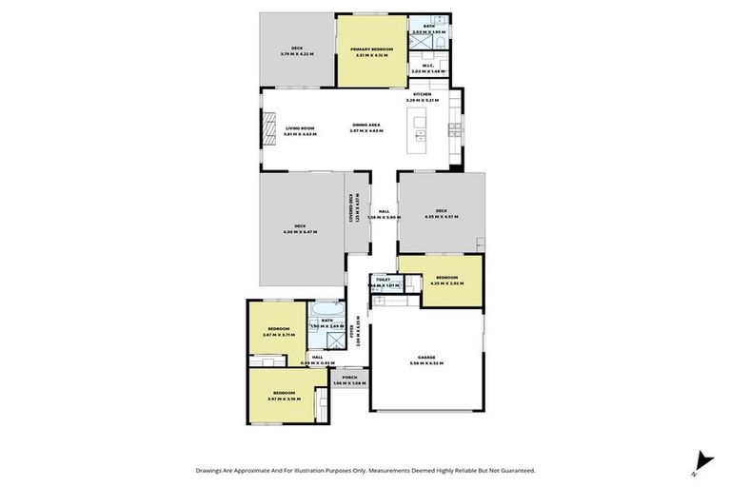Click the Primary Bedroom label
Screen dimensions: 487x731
click(370, 49)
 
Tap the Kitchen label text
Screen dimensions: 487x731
click(423, 94)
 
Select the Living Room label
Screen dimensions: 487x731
click(299, 128)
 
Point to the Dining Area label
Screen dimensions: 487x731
click(366, 125)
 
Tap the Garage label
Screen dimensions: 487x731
click(426, 358)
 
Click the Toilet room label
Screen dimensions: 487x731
click(383, 280)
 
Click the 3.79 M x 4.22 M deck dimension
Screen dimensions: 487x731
click(296, 54)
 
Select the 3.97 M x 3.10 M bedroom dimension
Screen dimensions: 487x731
click(284, 399)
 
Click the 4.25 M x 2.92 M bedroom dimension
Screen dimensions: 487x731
click(446, 282)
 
